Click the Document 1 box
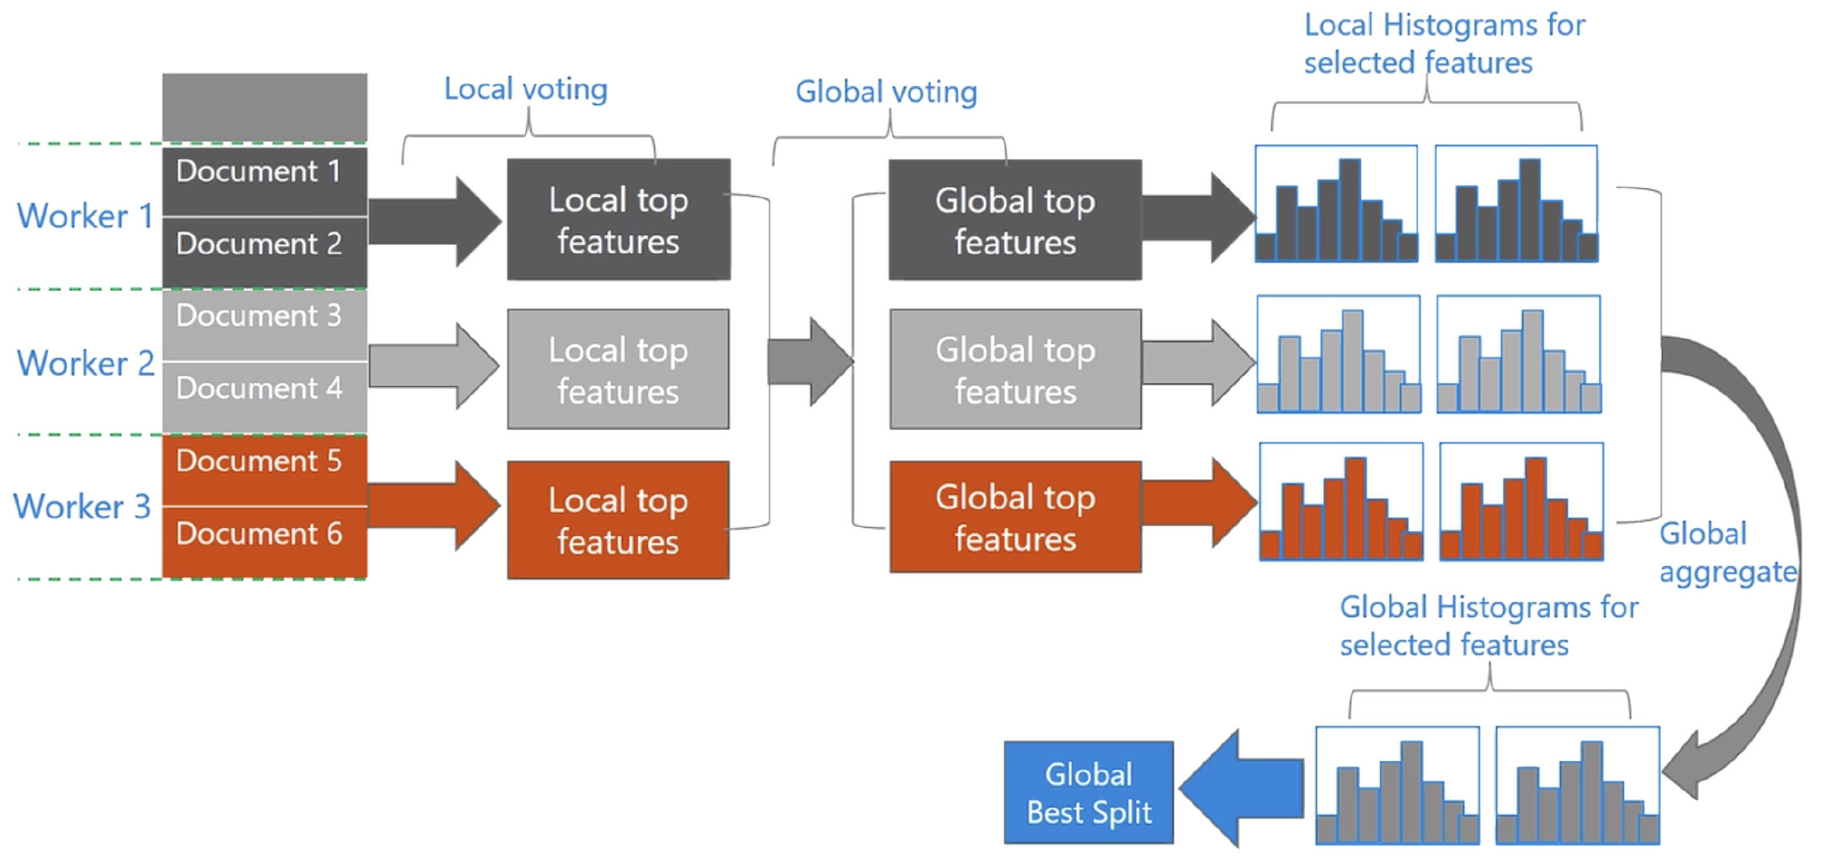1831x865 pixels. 264,181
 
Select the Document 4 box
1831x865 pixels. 264,396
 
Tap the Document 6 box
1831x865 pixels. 264,541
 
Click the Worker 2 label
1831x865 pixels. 85,364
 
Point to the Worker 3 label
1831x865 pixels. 82,507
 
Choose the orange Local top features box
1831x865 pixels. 618,520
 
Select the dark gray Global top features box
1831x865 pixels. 1015,219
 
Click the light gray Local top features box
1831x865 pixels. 618,369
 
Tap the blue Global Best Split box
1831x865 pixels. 1089,792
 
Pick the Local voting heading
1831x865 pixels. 525,89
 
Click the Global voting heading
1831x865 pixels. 885,92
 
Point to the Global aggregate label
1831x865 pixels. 1726,553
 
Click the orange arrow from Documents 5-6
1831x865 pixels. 432,505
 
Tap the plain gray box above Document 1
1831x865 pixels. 264,107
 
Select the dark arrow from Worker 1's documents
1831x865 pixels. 432,221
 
